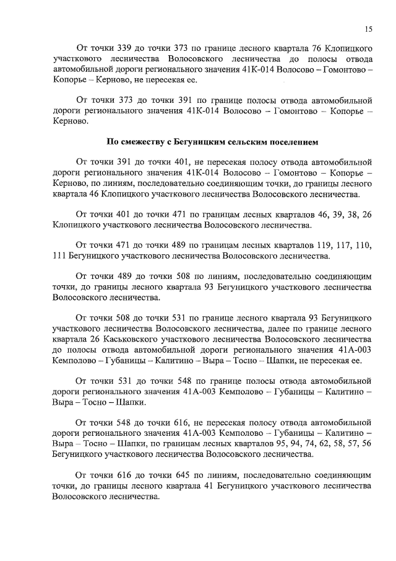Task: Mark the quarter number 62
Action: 311,444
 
